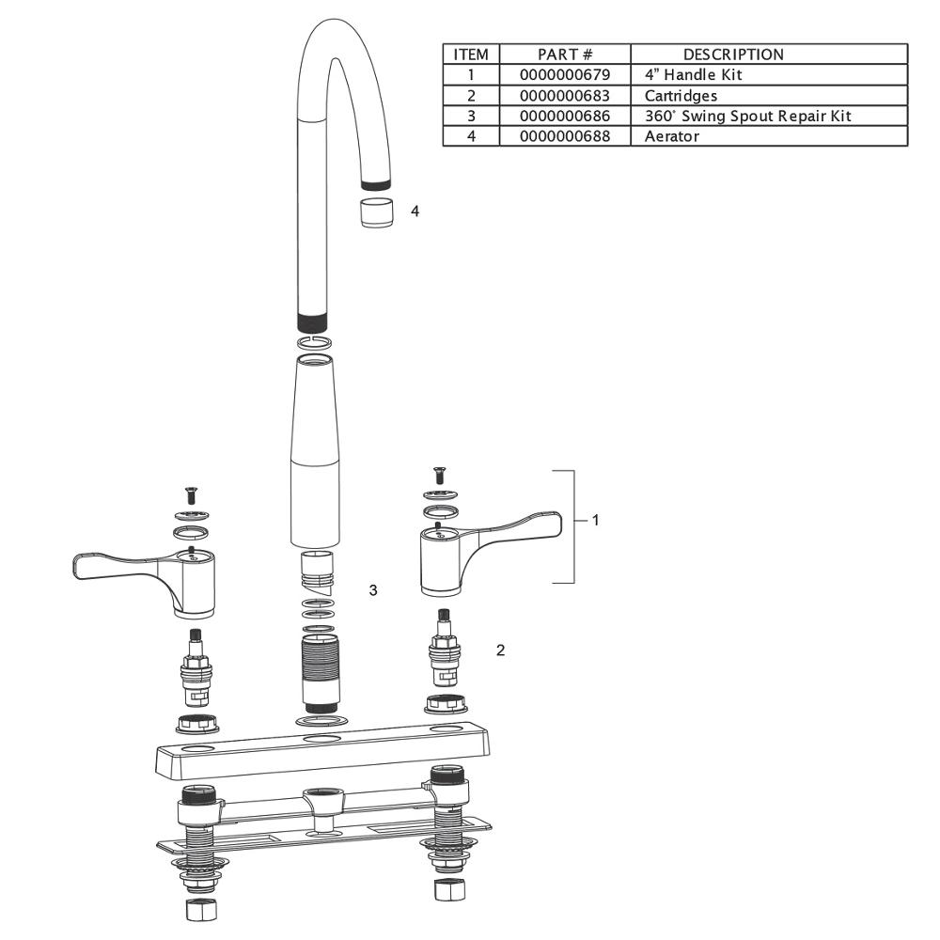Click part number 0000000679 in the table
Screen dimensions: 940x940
click(x=564, y=74)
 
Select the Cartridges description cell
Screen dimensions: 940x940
click(x=681, y=95)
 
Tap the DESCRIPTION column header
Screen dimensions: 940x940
click(x=732, y=55)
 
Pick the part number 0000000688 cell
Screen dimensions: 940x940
click(x=564, y=136)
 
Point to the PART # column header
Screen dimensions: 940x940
click(x=564, y=55)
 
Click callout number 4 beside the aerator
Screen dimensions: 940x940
click(x=415, y=211)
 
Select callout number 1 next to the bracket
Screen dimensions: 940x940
click(x=594, y=520)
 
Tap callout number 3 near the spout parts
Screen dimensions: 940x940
click(x=373, y=590)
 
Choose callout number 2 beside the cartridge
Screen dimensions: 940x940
click(x=500, y=650)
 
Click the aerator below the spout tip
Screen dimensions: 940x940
click(x=376, y=212)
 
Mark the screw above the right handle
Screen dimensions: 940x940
click(x=436, y=475)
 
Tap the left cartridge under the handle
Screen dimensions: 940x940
click(x=196, y=667)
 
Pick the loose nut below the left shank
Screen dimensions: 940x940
click(x=197, y=910)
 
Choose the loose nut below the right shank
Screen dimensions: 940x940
click(x=445, y=889)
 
